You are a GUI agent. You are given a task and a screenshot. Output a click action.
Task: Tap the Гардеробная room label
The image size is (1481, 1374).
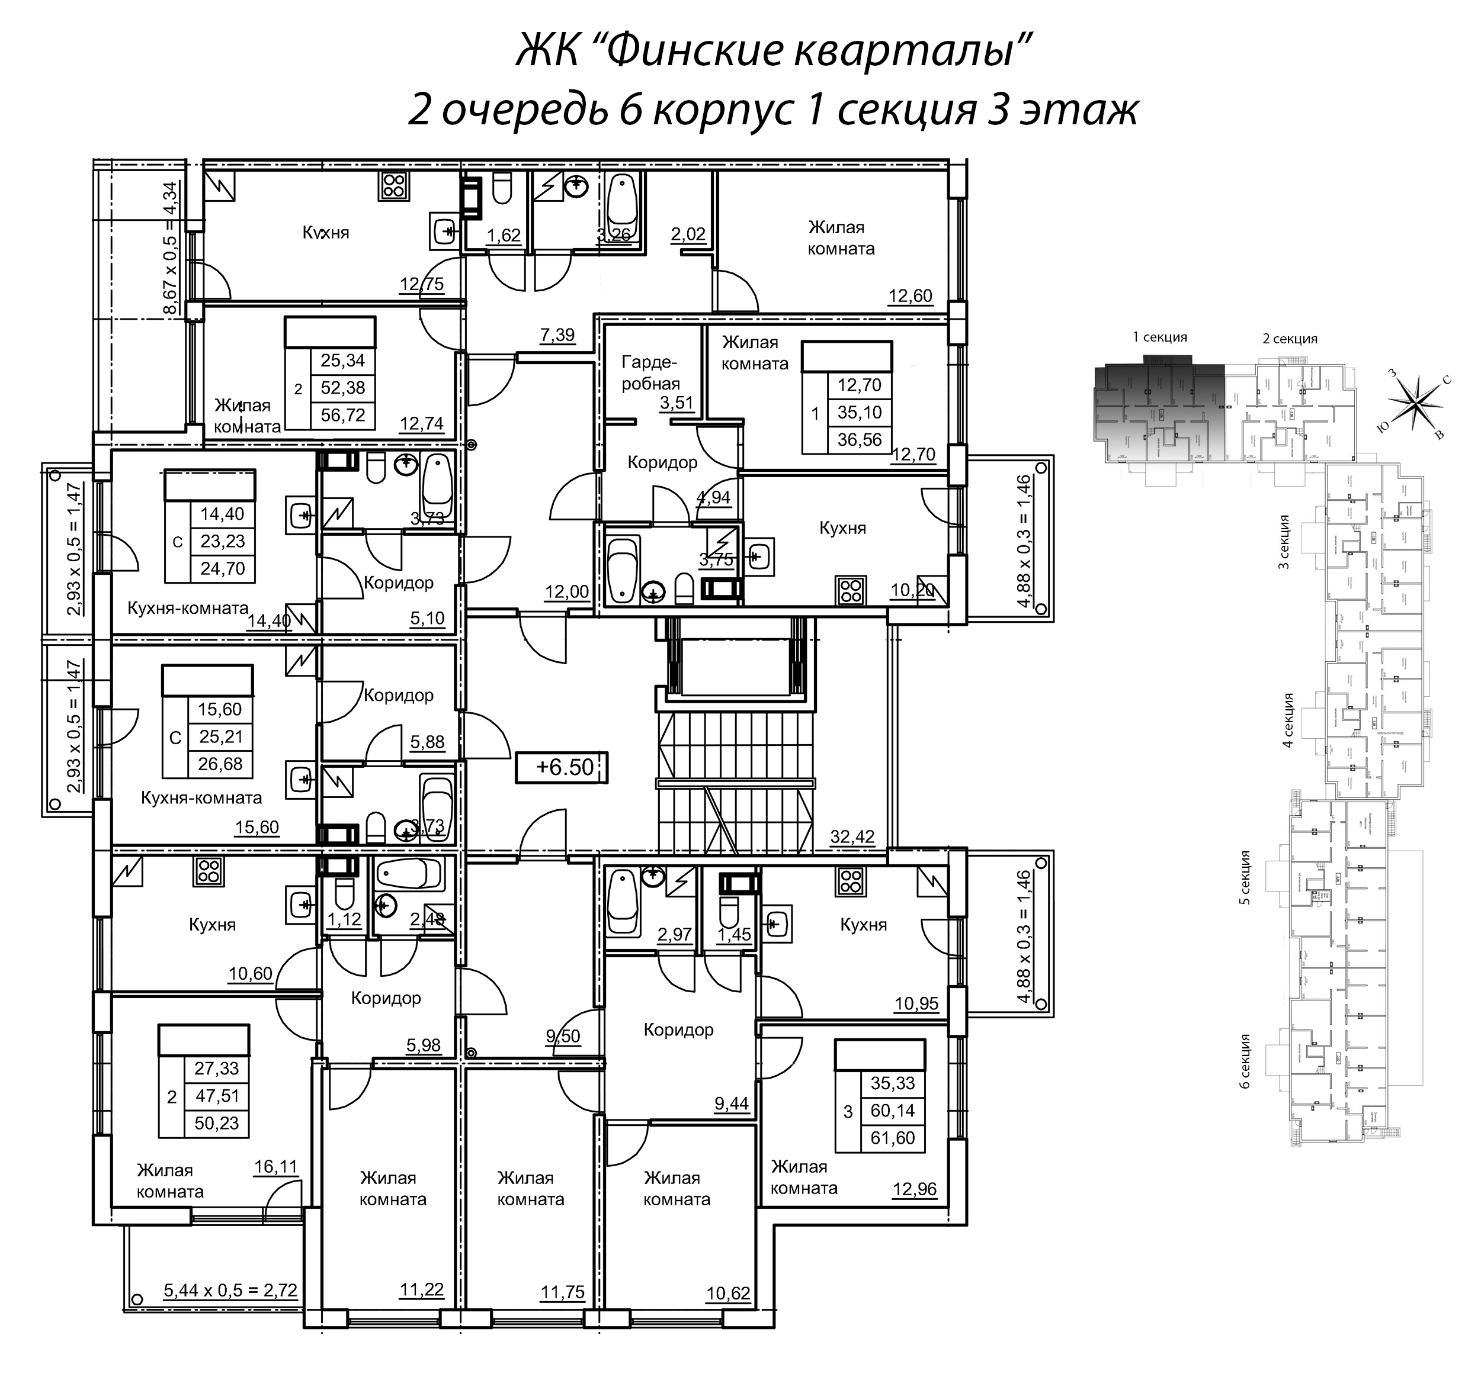[650, 372]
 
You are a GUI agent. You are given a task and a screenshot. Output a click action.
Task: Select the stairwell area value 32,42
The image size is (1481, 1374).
[852, 836]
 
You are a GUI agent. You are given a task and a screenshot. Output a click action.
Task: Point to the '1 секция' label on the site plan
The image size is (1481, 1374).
[1159, 337]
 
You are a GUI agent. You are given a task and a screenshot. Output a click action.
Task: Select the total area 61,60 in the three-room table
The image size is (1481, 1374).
[892, 1138]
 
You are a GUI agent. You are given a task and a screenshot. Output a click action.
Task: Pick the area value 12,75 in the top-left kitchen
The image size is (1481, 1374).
[421, 284]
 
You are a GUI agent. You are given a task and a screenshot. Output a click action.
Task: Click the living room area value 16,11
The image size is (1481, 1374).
[275, 1167]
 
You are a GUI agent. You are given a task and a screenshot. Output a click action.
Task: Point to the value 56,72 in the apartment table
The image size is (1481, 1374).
[342, 415]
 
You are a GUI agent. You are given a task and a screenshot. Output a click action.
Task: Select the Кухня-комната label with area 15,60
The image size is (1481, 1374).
[201, 798]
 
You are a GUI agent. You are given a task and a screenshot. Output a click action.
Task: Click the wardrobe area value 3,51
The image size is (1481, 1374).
[676, 403]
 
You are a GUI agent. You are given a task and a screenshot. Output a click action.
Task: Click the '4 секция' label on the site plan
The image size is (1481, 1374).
[1288, 719]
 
